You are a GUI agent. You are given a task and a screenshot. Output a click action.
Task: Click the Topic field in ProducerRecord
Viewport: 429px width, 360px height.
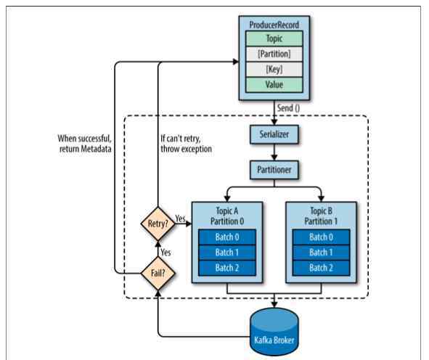[274, 38]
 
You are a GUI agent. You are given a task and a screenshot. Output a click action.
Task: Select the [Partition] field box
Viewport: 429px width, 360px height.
[274, 54]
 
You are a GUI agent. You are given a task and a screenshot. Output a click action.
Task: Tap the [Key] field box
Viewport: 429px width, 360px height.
[274, 69]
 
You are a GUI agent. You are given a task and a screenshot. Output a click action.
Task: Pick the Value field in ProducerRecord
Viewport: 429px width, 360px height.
[274, 85]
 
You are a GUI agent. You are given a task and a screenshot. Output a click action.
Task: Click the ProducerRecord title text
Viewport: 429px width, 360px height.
[274, 25]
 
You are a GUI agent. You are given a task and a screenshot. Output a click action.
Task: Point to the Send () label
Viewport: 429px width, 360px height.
[288, 108]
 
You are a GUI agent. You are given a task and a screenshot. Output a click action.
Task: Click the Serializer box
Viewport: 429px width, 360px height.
[274, 134]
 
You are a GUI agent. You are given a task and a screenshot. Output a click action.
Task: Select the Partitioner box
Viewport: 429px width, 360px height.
[274, 170]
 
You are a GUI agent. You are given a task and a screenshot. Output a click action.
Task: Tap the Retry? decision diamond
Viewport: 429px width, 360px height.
[158, 224]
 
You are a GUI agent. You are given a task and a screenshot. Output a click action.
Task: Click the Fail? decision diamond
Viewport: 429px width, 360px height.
[158, 273]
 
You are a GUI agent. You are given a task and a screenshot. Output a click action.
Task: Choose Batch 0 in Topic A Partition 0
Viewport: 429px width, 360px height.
[227, 237]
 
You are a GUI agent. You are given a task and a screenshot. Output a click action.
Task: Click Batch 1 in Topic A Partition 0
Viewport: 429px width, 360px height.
[227, 253]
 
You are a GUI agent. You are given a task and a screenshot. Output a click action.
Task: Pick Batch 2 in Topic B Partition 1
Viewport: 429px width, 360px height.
[321, 268]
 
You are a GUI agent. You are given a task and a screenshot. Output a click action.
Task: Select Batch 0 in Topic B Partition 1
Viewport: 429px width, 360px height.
[321, 237]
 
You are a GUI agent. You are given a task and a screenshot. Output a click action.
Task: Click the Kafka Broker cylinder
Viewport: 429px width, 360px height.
[274, 331]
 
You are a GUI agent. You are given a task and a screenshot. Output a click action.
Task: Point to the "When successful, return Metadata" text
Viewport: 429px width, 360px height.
[85, 144]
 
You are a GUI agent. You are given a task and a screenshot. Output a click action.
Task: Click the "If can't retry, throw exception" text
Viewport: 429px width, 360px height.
[187, 144]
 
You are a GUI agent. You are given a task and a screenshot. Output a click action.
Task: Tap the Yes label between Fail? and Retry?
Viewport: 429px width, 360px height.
[166, 252]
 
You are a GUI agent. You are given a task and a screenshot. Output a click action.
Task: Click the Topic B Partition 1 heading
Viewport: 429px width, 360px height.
[321, 216]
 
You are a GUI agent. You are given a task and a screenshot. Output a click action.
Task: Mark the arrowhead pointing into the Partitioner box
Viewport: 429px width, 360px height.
[274, 157]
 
